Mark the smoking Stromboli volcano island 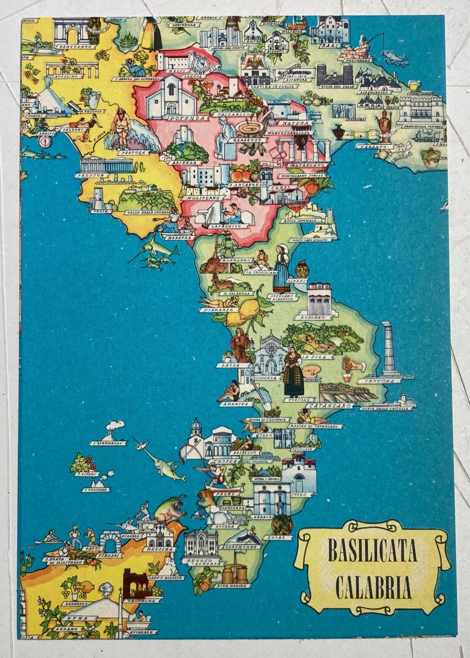pyautogui.click(x=116, y=432)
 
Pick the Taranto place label pyautogui.click(x=375, y=146)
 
